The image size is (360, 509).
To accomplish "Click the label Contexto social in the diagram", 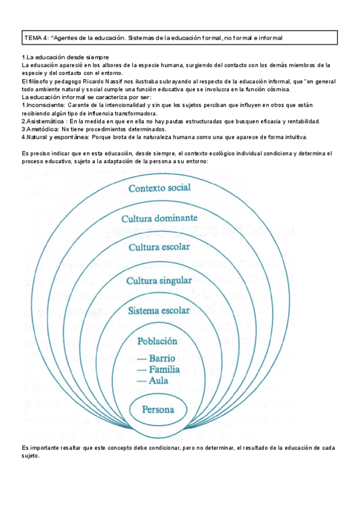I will tap(159, 188).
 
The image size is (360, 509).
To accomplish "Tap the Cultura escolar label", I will tap(159, 247).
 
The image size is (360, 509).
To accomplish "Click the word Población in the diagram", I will tap(158, 341).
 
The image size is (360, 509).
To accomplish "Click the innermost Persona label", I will tap(158, 411).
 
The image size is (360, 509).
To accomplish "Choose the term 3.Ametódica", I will tap(39, 128).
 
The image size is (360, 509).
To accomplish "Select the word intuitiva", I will tap(292, 136).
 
